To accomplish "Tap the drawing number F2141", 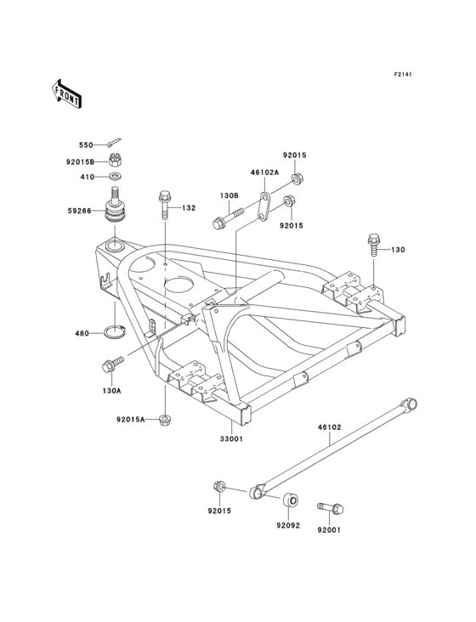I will [402, 75].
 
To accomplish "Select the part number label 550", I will [86, 145].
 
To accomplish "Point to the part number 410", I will [86, 178].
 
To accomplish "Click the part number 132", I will [189, 207].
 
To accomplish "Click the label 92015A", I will [131, 419].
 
